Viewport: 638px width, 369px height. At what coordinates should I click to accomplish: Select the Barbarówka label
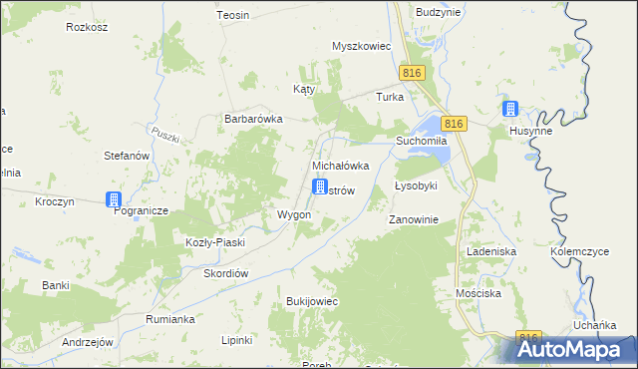click(x=253, y=119)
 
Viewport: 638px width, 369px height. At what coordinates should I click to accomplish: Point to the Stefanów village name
click(x=127, y=156)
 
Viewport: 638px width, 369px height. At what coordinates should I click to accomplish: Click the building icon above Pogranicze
click(x=115, y=198)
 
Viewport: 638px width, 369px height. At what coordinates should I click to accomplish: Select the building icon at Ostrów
click(x=320, y=186)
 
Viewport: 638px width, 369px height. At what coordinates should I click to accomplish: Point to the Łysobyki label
click(x=416, y=186)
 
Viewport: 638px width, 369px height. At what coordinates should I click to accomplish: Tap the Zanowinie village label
click(x=414, y=219)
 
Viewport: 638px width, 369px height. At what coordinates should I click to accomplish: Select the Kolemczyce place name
click(x=579, y=252)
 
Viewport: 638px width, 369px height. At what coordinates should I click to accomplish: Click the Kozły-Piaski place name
click(x=215, y=242)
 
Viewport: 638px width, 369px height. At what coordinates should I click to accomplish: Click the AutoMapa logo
click(x=575, y=348)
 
